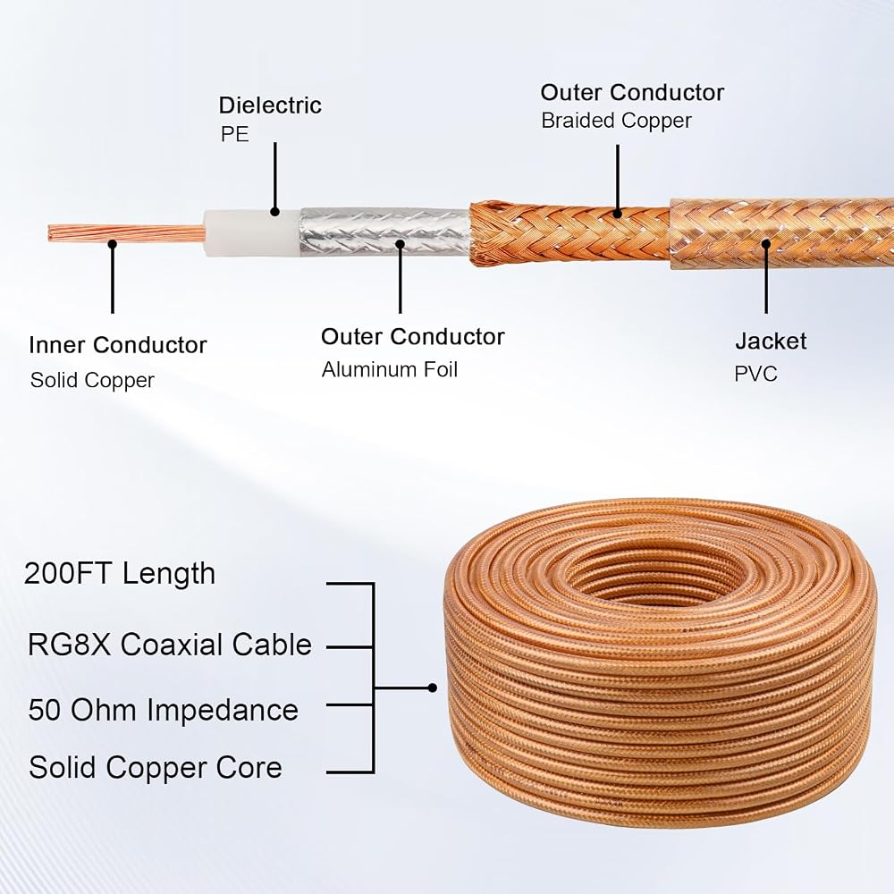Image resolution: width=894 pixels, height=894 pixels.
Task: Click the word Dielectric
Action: pos(270,105)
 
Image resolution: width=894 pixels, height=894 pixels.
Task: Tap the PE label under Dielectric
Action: pos(235,134)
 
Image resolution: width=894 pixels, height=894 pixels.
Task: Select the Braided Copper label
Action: pos(616,121)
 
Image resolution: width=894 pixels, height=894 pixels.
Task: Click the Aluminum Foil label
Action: pos(390,369)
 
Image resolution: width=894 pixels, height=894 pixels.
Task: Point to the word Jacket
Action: pos(771,342)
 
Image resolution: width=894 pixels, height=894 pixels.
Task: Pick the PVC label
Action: pos(756,374)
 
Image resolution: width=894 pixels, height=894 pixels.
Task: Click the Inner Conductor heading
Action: pos(118,345)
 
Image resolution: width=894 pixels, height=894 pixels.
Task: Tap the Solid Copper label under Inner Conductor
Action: pos(92,380)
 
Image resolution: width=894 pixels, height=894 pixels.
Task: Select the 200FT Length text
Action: pos(120,573)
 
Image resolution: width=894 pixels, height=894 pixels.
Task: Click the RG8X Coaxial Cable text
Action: pos(170,645)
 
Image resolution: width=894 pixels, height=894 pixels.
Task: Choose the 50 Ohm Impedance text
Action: pos(163,710)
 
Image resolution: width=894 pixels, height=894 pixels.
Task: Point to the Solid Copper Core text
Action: pos(155,767)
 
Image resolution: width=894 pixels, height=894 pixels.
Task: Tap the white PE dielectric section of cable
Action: pos(251,233)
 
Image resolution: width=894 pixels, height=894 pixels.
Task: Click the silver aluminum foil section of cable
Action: pos(384,232)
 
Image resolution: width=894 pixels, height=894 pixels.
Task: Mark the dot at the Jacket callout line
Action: pos(766,244)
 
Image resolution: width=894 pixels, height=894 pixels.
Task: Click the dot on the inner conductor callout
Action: pos(113,244)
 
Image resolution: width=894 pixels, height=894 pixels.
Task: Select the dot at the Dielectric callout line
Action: pos(274,212)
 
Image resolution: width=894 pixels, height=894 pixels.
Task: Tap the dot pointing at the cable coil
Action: pos(432,688)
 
